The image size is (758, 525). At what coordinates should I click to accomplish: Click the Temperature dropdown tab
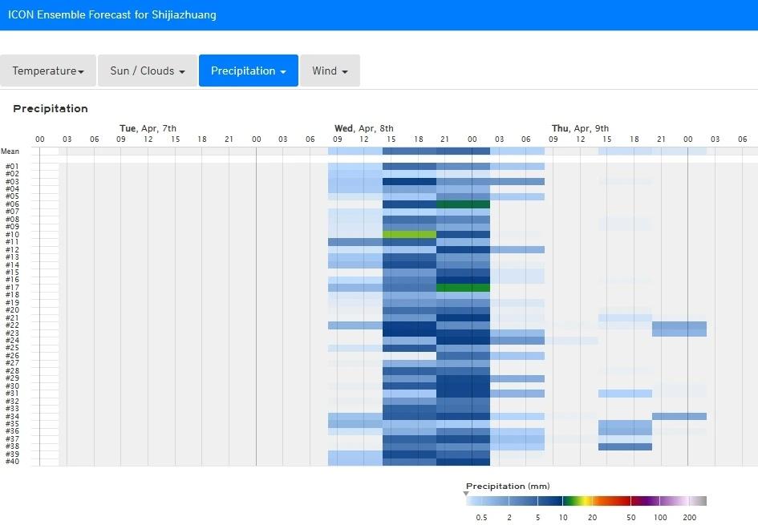pos(48,71)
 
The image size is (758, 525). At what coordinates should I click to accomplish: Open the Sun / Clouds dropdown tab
pos(148,71)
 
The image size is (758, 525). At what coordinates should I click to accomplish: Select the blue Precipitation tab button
pos(248,71)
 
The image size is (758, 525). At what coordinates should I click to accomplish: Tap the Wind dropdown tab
pos(330,71)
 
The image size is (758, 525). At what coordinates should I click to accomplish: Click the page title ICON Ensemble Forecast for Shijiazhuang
pos(111,14)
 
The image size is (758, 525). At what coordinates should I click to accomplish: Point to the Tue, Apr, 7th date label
pos(148,128)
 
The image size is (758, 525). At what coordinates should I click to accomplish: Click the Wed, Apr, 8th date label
pos(363,128)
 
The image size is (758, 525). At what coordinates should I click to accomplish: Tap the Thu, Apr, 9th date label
pos(580,128)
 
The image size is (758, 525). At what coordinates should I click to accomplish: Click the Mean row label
pos(10,151)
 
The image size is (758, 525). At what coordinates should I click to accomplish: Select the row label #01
pos(12,167)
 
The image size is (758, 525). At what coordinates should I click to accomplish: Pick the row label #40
pos(12,462)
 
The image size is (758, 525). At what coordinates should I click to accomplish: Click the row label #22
pos(12,325)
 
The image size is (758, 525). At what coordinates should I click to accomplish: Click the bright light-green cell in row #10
pos(409,235)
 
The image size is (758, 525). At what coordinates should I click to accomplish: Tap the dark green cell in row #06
pos(463,204)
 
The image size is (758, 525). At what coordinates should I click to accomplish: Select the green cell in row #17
pos(463,288)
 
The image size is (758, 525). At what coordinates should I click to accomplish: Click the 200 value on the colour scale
pos(689,518)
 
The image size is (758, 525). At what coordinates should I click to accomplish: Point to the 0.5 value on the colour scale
pos(481,518)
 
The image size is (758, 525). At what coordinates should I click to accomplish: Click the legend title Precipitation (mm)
pos(508,487)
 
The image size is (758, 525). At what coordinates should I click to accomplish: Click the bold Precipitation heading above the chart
pos(51,109)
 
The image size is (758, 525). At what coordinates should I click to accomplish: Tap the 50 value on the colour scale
pos(630,518)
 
